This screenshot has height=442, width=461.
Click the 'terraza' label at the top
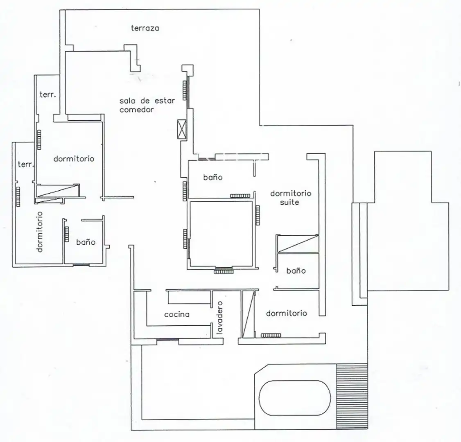(x=145, y=28)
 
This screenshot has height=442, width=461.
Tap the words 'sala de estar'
(x=147, y=101)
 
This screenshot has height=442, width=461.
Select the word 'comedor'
(x=136, y=110)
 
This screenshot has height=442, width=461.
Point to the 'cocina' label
(x=177, y=314)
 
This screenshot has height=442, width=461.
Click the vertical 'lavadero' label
(x=219, y=318)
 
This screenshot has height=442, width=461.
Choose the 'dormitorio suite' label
(x=290, y=198)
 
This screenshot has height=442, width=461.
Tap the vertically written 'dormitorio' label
(x=40, y=232)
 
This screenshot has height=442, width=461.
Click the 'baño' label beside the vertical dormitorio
(x=86, y=242)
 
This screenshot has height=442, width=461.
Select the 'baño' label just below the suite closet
(x=296, y=271)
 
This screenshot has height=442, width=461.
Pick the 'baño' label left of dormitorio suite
(x=213, y=177)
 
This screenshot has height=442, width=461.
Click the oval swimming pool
(x=295, y=398)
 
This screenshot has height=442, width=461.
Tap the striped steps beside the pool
(x=352, y=396)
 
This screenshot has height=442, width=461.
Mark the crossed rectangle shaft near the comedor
(x=182, y=129)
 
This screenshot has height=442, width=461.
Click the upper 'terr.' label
(x=47, y=95)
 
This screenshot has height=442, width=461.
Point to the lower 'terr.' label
(x=25, y=164)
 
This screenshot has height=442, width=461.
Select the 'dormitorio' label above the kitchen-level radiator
(x=286, y=313)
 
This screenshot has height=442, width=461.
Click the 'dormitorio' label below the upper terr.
(x=74, y=159)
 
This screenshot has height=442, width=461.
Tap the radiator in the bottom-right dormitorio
(x=271, y=335)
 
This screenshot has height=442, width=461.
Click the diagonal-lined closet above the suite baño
(x=298, y=244)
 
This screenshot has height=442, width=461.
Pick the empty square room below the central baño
(x=221, y=234)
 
